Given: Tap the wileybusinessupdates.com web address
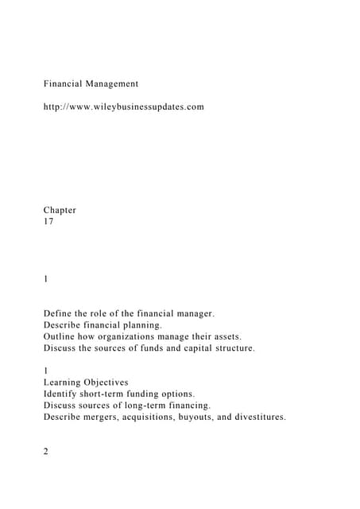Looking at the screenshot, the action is [x=123, y=106].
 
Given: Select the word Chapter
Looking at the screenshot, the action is [x=60, y=210].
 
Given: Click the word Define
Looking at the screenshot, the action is [x=60, y=314].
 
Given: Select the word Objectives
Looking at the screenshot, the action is [x=108, y=382].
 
